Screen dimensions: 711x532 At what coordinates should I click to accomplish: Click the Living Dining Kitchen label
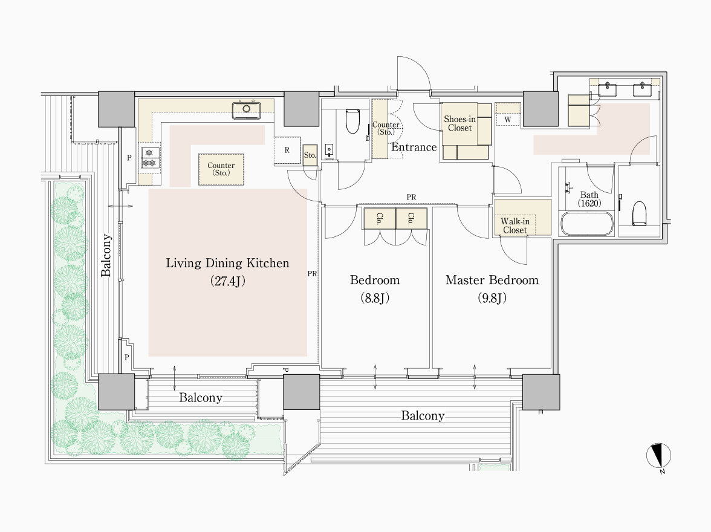(x=227, y=264)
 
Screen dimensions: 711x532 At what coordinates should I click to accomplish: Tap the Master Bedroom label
(x=492, y=281)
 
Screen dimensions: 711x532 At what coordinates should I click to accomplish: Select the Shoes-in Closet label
(x=459, y=123)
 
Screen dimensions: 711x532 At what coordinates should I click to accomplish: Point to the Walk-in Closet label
(x=515, y=225)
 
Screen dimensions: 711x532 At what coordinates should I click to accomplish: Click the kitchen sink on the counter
(x=247, y=110)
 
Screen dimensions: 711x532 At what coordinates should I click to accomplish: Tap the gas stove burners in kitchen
(x=150, y=158)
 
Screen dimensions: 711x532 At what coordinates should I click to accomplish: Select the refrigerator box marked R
(x=287, y=150)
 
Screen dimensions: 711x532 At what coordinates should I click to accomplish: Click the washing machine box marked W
(x=507, y=119)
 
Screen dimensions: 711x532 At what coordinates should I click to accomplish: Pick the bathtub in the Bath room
(x=586, y=223)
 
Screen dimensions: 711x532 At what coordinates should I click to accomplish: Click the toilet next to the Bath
(x=640, y=213)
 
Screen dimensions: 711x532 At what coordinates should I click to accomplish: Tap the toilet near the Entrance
(x=352, y=121)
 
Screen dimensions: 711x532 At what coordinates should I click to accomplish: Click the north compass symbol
(x=658, y=455)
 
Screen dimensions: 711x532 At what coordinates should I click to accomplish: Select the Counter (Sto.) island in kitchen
(x=221, y=169)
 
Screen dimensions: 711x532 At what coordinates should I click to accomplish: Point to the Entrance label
(x=414, y=147)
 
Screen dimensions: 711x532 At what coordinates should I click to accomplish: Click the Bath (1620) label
(x=589, y=199)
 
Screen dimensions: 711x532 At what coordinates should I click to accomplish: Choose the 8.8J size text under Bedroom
(x=375, y=298)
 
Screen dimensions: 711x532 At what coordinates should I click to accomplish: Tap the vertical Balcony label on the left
(x=106, y=255)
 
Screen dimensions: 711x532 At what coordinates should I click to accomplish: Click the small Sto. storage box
(x=310, y=155)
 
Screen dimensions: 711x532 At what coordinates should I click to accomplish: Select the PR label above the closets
(x=411, y=197)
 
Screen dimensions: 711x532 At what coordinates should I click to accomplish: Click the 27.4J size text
(x=227, y=281)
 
